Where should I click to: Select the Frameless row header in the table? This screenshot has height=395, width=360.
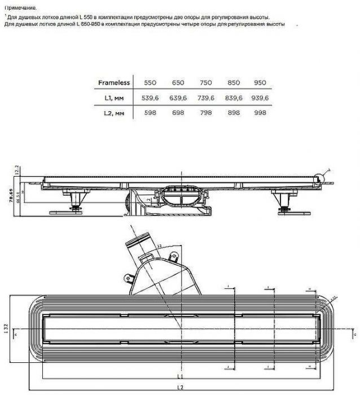click(114, 82)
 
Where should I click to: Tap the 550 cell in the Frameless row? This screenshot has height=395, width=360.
click(150, 82)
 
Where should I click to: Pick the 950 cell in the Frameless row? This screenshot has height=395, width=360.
click(260, 82)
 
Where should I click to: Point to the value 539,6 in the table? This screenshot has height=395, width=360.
click(150, 98)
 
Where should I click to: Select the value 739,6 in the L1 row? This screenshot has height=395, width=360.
click(205, 98)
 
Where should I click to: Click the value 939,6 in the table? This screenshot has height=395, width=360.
click(260, 98)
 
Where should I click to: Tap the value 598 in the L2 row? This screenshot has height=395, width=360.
click(150, 113)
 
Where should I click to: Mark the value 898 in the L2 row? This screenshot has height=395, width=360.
click(233, 113)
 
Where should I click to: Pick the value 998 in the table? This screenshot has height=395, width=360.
click(260, 113)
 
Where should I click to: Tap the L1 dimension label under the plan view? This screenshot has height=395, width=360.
click(179, 375)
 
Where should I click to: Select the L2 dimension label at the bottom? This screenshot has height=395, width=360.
click(179, 387)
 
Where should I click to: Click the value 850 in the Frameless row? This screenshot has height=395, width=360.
click(233, 82)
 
